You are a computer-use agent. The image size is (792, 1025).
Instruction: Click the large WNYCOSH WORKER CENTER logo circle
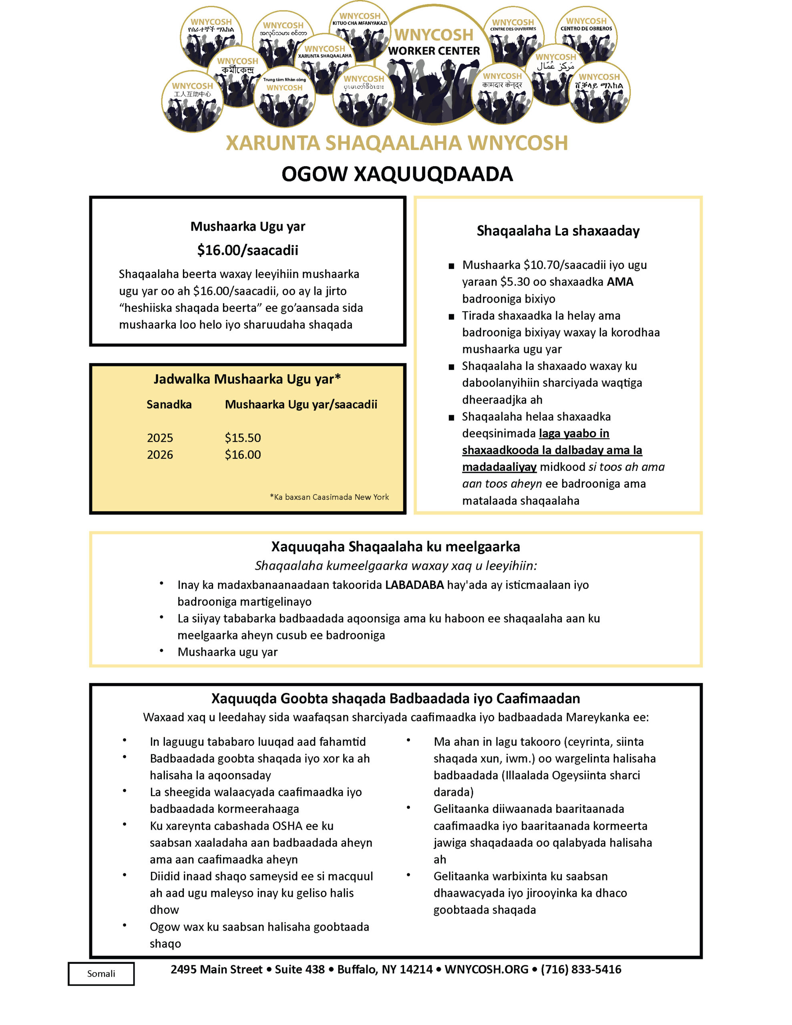(434, 66)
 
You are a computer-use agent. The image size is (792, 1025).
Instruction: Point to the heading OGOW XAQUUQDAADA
(397, 174)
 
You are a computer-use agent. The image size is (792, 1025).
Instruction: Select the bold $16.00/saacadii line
(247, 250)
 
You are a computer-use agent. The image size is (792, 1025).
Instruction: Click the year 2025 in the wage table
(160, 438)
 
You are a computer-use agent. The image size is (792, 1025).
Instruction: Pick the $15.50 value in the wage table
(243, 438)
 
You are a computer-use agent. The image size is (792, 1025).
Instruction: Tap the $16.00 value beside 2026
(243, 455)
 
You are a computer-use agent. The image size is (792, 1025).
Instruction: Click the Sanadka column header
(169, 404)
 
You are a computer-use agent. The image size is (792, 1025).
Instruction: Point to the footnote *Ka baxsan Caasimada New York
(329, 497)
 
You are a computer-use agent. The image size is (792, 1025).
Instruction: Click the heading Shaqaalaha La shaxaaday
(558, 231)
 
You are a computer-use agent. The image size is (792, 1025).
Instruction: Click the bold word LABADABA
(414, 585)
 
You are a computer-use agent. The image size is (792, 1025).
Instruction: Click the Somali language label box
(101, 974)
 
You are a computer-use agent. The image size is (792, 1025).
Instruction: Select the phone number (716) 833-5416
(581, 970)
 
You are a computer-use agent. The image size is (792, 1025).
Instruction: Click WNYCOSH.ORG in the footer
(486, 970)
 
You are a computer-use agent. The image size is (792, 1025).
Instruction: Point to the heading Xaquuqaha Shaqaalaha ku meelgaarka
(395, 547)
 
